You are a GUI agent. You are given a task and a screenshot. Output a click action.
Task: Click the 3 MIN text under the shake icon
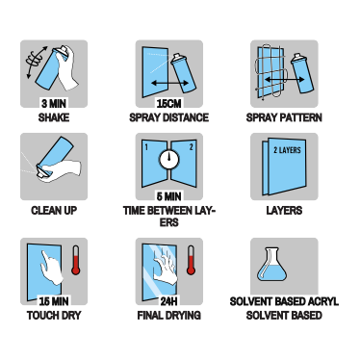[x=54, y=103]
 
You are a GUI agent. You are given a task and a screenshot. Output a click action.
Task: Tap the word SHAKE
[x=54, y=117]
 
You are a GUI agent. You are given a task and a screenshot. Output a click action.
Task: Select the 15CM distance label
[x=168, y=103]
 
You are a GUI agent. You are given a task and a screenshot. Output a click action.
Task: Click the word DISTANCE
[x=186, y=117]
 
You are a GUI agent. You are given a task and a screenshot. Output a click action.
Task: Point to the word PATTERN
[x=301, y=117]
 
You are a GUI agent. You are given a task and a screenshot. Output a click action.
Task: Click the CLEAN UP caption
[x=54, y=211]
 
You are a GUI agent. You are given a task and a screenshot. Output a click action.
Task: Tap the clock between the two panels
[x=169, y=159]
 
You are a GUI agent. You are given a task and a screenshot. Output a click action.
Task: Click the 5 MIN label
[x=168, y=196]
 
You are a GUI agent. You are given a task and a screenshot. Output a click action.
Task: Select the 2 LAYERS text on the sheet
[x=287, y=150]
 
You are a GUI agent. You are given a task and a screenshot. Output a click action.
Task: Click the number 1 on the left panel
[x=146, y=147]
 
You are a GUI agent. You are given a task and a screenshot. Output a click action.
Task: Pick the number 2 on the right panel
[x=192, y=147]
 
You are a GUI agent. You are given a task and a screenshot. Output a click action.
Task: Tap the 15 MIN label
[x=54, y=301]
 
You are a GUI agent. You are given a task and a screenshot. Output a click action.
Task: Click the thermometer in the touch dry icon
[x=76, y=260]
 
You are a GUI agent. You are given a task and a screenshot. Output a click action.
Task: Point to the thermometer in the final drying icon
[x=191, y=260]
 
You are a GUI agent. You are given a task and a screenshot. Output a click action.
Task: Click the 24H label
[x=168, y=301]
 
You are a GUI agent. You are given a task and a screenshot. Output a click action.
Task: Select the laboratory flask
[x=271, y=264]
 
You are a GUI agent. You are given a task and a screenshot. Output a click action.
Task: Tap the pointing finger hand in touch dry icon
[x=52, y=267]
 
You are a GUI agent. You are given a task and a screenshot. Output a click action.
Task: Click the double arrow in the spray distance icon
[x=170, y=83]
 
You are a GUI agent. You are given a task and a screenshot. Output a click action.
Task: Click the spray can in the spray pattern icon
[x=301, y=73]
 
